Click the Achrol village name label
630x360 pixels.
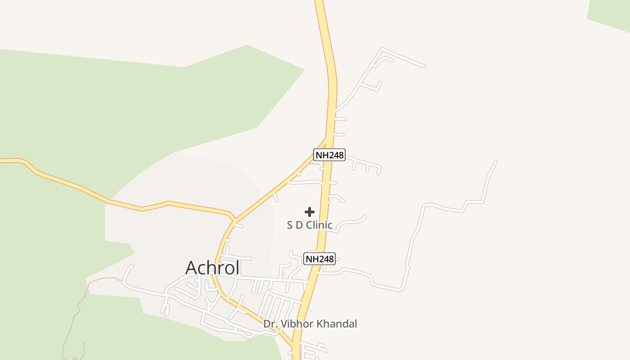tap(212, 267)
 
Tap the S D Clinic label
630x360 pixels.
tap(310, 225)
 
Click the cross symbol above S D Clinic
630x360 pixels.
tap(310, 212)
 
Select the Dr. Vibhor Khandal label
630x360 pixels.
tap(310, 324)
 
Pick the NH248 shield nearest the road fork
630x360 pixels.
tap(329, 155)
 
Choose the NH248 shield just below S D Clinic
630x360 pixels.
tap(319, 259)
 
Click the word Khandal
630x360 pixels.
tap(337, 324)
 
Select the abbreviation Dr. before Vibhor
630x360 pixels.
tap(269, 324)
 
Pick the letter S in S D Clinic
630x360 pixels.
tap(290, 225)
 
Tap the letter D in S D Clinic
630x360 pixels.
tap(299, 225)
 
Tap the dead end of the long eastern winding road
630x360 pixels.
tap(496, 161)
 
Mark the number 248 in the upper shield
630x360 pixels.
tap(334, 155)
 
